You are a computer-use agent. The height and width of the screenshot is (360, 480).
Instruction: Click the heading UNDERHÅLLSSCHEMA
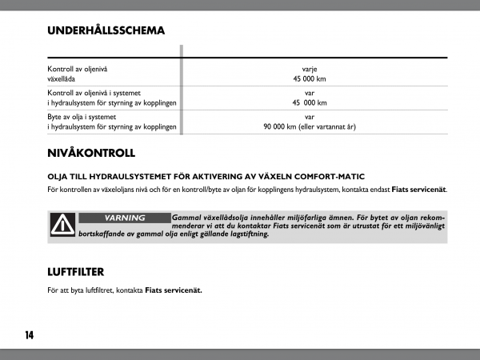(x=106, y=31)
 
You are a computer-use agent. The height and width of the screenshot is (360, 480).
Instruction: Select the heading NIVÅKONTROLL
(x=91, y=153)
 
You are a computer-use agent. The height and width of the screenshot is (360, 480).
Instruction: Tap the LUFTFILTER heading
(x=76, y=271)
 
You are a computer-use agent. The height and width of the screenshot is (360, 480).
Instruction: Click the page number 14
(x=29, y=334)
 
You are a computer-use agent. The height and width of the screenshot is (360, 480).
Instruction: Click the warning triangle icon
(x=62, y=226)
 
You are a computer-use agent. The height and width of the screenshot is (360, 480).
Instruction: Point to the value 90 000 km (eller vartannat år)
(x=310, y=126)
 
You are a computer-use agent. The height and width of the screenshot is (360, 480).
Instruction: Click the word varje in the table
(x=310, y=70)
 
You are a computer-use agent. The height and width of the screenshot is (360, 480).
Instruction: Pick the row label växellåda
(x=63, y=79)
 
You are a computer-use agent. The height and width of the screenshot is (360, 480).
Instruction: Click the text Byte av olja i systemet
(x=85, y=117)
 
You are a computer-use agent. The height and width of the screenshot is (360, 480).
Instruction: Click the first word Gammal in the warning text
(x=186, y=218)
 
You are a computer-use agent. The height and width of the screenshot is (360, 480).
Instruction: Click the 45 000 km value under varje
(x=310, y=79)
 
